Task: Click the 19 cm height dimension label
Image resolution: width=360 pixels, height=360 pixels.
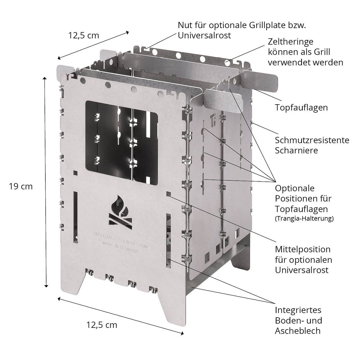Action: click(x=21, y=186)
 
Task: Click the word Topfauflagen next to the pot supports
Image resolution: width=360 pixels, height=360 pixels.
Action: click(x=301, y=107)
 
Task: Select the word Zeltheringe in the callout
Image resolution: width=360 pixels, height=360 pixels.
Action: click(x=291, y=42)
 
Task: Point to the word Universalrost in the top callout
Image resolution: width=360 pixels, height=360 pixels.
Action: click(x=204, y=35)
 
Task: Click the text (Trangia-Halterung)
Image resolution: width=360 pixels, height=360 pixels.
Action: click(x=304, y=218)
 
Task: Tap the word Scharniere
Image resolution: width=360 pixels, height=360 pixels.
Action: click(x=296, y=151)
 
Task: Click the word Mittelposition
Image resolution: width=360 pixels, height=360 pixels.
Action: click(x=303, y=249)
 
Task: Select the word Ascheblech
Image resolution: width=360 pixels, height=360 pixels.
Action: click(x=298, y=331)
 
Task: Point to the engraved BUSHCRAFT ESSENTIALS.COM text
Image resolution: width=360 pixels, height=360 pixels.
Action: click(x=121, y=240)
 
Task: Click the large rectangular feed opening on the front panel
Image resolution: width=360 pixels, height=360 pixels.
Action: click(x=122, y=143)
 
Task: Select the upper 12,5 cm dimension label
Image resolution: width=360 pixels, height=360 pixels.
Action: click(x=83, y=35)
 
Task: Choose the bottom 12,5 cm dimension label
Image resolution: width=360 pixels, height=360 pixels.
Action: click(x=102, y=325)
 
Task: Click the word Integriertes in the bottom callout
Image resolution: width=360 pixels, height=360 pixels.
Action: click(x=298, y=310)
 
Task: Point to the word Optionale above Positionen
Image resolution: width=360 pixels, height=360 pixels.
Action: click(x=295, y=188)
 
